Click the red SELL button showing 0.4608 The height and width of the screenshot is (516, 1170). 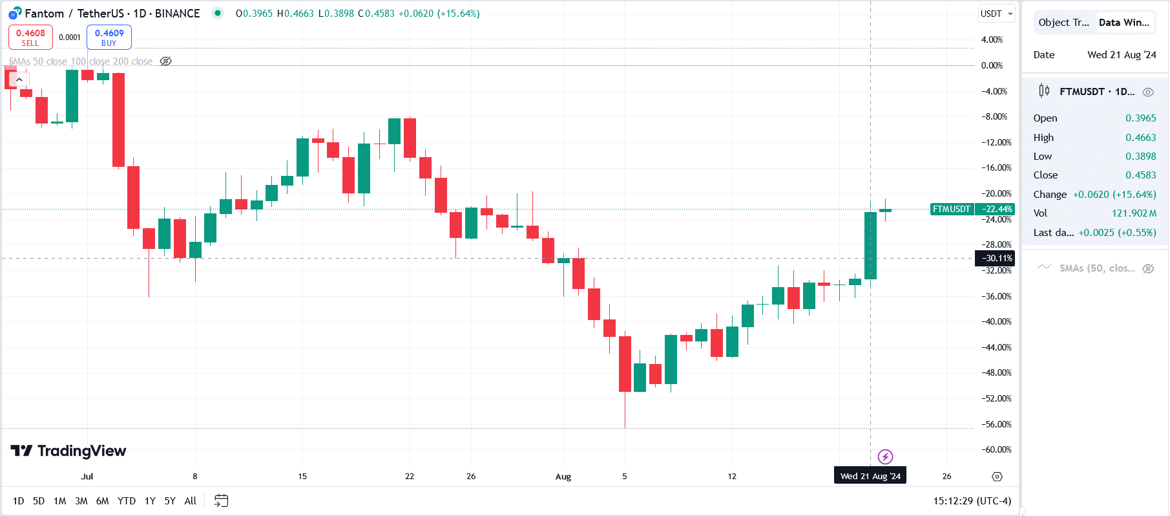[x=30, y=37]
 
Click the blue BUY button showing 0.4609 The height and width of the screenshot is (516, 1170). [x=109, y=37]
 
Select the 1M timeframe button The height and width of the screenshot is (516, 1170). [x=59, y=500]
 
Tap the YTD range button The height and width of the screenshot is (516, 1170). [x=126, y=500]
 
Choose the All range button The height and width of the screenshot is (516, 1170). [x=190, y=500]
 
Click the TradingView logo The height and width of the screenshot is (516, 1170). [x=68, y=451]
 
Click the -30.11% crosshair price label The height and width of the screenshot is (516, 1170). [x=995, y=258]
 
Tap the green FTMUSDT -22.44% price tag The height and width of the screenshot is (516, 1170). [x=972, y=209]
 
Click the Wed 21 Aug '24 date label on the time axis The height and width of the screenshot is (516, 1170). [x=870, y=476]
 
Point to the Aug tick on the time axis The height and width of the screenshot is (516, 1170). [x=563, y=477]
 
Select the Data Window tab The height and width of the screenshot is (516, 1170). [x=1123, y=23]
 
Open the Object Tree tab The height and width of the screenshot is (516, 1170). [x=1063, y=23]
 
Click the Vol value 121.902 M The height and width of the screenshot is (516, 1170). [x=1134, y=213]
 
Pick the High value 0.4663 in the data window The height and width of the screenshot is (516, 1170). [x=1140, y=137]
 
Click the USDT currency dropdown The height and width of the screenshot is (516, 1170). [x=996, y=14]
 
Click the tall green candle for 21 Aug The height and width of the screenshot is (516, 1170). [x=870, y=246]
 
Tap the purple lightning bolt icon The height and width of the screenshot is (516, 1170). [x=885, y=457]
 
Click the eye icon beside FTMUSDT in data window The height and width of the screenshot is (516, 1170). [x=1148, y=92]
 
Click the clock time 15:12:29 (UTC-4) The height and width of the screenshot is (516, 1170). [x=972, y=500]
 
